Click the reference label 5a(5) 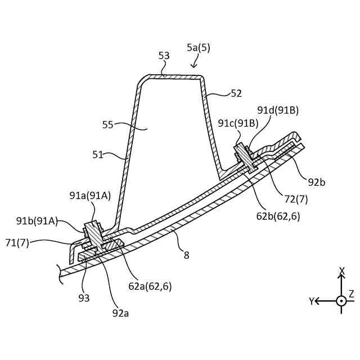coord(199,48)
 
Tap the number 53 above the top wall coord(164,56)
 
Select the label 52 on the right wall coord(236,93)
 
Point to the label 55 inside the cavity coord(108,125)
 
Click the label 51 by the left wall coord(98,154)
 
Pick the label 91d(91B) coord(278,110)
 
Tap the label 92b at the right coord(317,182)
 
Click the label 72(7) coord(296,199)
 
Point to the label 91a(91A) coord(90,195)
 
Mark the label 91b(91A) coord(37,221)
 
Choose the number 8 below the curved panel coord(186,255)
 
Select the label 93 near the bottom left coord(84,298)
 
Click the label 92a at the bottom coord(120,313)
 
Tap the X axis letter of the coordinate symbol coord(341,271)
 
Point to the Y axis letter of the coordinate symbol coord(311,301)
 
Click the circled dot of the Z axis coord(341,301)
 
